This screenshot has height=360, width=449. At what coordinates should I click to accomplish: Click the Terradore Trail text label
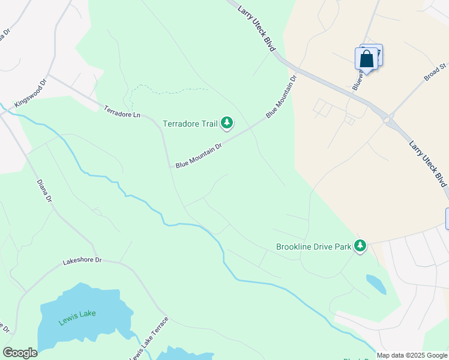pyautogui.click(x=190, y=124)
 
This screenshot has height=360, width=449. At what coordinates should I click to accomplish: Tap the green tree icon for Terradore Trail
pyautogui.click(x=227, y=123)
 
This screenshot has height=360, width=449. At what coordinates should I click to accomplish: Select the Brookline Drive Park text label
pyautogui.click(x=313, y=246)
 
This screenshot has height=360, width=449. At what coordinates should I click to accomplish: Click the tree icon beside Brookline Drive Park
pyautogui.click(x=360, y=245)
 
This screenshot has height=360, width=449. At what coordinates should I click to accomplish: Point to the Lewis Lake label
pyautogui.click(x=77, y=317)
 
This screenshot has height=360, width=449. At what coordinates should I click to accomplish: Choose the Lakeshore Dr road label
pyautogui.click(x=83, y=262)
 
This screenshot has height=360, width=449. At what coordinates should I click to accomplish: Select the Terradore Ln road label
pyautogui.click(x=122, y=112)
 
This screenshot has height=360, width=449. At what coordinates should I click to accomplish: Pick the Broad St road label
pyautogui.click(x=436, y=72)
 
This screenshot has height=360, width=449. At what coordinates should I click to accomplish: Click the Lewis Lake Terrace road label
pyautogui.click(x=149, y=339)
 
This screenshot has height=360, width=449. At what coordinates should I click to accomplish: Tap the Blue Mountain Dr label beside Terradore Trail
pyautogui.click(x=199, y=155)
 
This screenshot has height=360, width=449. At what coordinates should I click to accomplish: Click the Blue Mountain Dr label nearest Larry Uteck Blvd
pyautogui.click(x=282, y=96)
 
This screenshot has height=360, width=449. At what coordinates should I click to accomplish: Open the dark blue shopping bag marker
pyautogui.click(x=367, y=59)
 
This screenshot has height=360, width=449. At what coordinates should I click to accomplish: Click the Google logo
pyautogui.click(x=20, y=353)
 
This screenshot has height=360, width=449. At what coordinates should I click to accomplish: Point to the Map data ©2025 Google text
pyautogui.click(x=412, y=355)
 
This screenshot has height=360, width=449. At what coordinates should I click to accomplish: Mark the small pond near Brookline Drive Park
pyautogui.click(x=376, y=284)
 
